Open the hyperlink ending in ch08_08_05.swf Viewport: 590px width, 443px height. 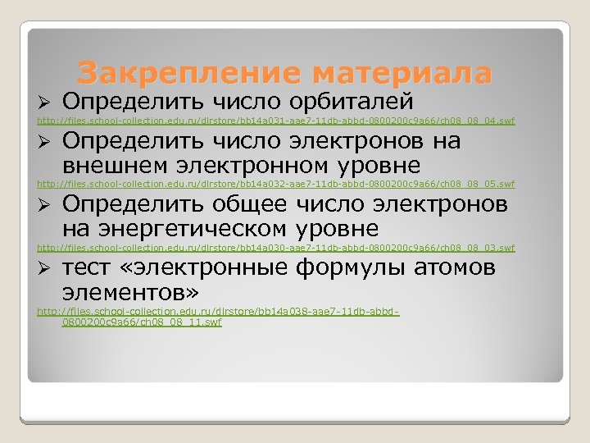coord(276,184)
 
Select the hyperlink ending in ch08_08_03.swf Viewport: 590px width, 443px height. coord(276,247)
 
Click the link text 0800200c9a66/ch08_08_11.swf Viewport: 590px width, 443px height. coord(141,322)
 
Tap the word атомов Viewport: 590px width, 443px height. coord(455,267)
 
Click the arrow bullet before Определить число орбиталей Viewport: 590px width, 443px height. coord(47,103)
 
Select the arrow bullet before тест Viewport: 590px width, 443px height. coord(47,268)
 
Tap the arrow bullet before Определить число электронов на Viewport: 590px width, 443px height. coord(47,142)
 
